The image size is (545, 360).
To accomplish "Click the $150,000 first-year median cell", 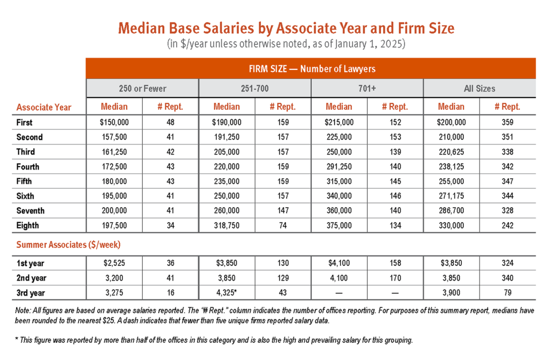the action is click(114, 122).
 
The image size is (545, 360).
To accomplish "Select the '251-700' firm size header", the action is click(255, 89).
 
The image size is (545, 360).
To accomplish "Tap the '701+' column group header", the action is click(367, 89).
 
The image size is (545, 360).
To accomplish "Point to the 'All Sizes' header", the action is click(480, 89).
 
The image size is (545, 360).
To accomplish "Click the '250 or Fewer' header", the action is click(143, 89).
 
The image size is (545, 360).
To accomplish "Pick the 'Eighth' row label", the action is click(28, 225).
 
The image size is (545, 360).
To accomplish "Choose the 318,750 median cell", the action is click(227, 225).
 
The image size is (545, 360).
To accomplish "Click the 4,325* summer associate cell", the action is click(227, 293).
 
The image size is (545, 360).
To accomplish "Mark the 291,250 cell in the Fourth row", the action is click(339, 167).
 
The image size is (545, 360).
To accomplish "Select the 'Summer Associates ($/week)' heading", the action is click(68, 245).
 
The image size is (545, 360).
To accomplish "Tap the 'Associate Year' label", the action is click(44, 108).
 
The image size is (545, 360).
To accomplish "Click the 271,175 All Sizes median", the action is click(451, 196).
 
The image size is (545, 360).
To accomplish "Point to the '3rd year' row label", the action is click(30, 293).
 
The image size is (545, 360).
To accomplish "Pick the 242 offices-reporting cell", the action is click(507, 225).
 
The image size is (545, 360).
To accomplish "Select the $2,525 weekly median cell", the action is click(114, 263).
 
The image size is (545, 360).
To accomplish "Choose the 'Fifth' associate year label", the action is click(24, 181).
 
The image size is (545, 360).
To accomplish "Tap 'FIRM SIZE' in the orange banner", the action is click(268, 69).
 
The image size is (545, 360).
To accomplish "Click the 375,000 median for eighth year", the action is click(339, 225).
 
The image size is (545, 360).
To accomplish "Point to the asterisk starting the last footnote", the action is click(16, 339).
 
